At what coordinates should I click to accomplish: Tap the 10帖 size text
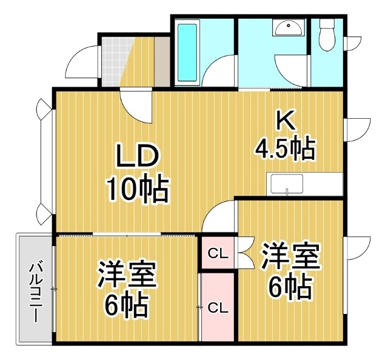[x=138, y=189]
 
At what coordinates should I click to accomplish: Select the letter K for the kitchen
[x=286, y=120]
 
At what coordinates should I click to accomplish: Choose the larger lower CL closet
[x=218, y=308]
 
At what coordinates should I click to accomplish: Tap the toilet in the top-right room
[x=327, y=35]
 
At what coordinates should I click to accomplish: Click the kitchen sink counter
[x=304, y=184]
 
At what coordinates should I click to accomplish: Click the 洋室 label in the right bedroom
[x=290, y=257]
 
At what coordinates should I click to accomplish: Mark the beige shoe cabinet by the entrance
[x=162, y=61]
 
